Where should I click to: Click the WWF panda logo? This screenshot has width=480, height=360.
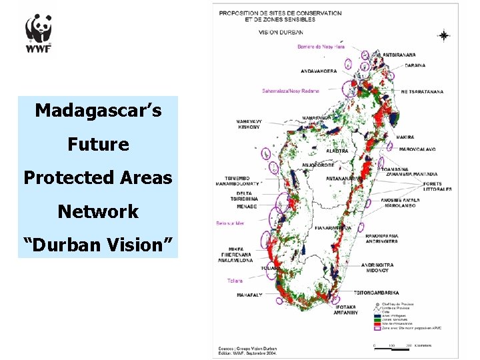39,33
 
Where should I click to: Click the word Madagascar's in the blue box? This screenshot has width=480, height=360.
98,110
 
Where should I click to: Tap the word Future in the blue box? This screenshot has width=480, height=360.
98,144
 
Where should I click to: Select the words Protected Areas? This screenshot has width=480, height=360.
98,178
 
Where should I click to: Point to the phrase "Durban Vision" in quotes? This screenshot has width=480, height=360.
98,246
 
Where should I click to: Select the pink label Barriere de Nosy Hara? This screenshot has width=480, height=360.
321,46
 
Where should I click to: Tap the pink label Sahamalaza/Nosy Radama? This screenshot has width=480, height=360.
291,90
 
